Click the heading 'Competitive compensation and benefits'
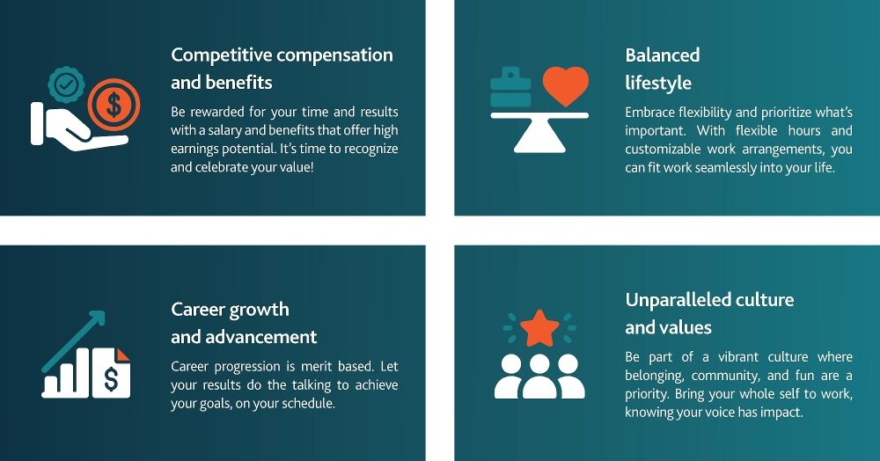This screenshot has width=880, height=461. point(282,69)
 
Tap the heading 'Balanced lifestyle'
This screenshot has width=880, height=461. point(662,69)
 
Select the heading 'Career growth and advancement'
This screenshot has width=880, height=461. point(244,323)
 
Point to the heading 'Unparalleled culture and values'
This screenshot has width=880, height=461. point(709,313)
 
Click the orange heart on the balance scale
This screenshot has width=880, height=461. point(565,86)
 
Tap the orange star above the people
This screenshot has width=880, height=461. point(539,329)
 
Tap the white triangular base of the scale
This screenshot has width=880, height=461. point(539,137)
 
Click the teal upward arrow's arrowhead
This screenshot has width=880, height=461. point(98,318)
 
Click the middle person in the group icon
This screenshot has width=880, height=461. point(539,375)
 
